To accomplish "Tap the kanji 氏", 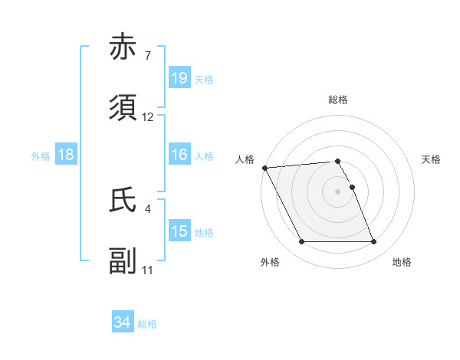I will (123, 199).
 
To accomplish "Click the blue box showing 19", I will (179, 77).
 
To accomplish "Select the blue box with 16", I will (179, 155).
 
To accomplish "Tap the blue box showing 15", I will (179, 231).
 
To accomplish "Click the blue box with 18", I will (66, 155).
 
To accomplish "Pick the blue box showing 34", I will (123, 322).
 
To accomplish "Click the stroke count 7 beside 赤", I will (147, 56).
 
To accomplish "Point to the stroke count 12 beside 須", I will (148, 117).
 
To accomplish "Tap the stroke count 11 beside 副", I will (148, 270).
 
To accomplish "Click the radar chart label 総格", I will (338, 100).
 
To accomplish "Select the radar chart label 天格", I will (431, 159).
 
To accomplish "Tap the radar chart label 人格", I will (244, 159).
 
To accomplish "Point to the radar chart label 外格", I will (270, 262).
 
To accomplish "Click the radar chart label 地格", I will (402, 262).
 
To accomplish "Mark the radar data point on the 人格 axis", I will (264, 168).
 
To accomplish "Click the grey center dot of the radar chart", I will (338, 191).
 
